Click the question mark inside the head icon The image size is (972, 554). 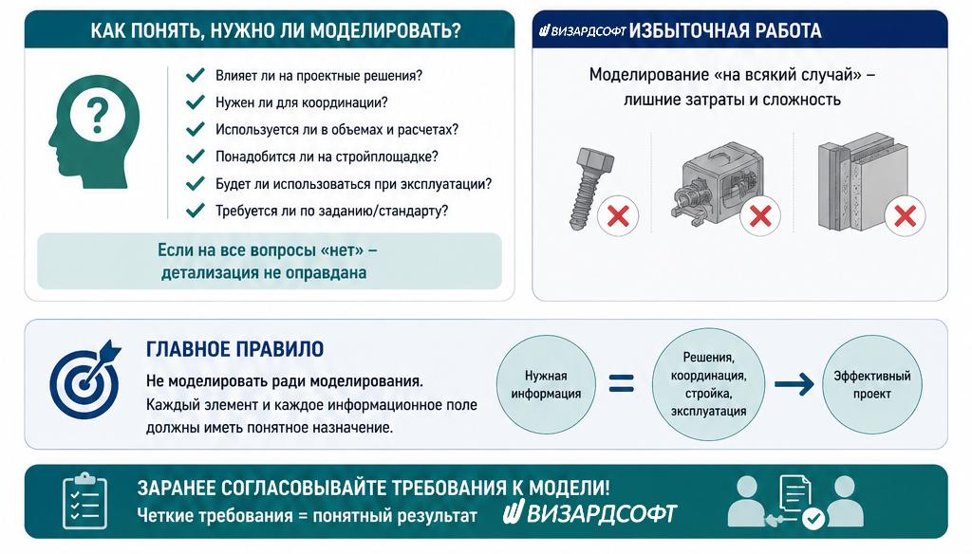97,116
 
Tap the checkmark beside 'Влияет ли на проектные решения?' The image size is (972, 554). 196,76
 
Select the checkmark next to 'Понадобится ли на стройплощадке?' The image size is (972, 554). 196,157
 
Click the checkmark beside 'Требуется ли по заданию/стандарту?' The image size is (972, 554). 196,211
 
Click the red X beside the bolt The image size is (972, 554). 618,216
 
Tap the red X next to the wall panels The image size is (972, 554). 905,216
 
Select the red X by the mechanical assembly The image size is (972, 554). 760,216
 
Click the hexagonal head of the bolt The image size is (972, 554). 595,161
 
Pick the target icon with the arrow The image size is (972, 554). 85,379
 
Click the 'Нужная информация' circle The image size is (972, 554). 546,384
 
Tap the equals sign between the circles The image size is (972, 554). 622,383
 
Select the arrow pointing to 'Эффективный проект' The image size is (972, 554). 794,384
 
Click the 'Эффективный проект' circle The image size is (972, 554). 872,384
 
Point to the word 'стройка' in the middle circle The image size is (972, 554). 707,394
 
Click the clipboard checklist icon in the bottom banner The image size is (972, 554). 84,501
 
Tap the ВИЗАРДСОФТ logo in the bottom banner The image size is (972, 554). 589,513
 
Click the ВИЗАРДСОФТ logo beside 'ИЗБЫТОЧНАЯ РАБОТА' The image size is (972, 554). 582,31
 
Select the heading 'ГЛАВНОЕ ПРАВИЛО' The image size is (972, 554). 235,349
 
